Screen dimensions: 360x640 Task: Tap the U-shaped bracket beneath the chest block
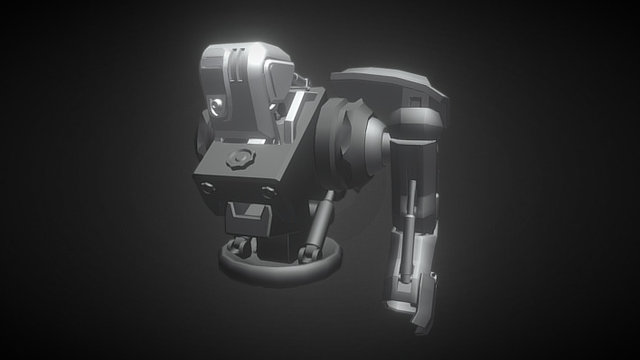(x=247, y=214)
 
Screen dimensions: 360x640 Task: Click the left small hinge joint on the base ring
(x=237, y=244)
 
